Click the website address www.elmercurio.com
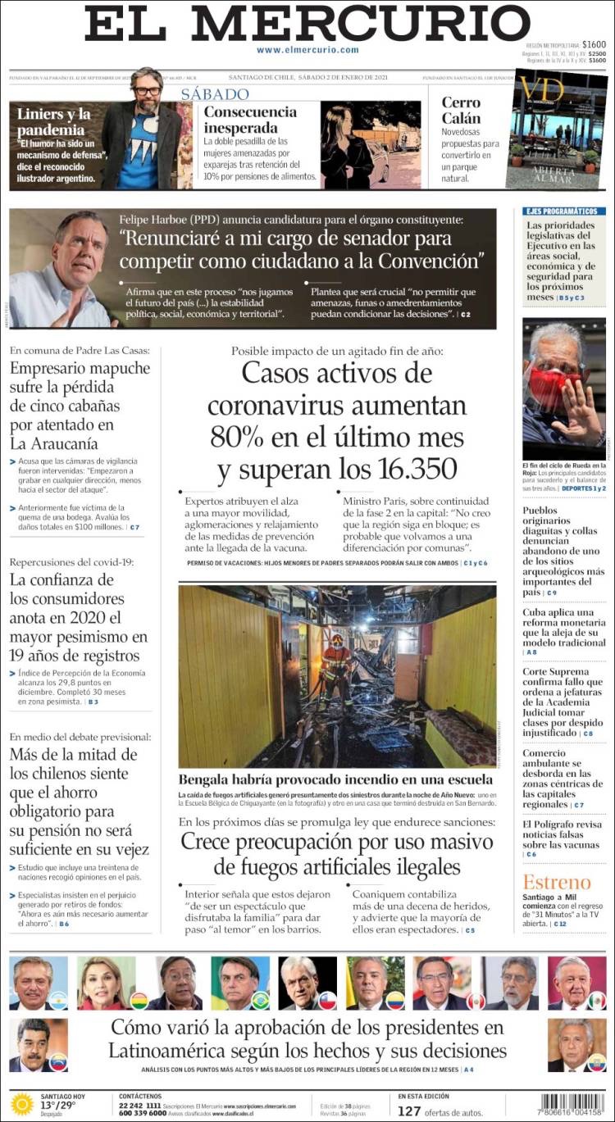pyautogui.click(x=307, y=50)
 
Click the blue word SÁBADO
pyautogui.click(x=215, y=93)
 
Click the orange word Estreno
pyautogui.click(x=556, y=882)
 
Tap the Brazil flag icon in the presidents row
pyautogui.click(x=261, y=1001)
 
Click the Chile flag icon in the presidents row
pyautogui.click(x=327, y=1001)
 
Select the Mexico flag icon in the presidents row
pyautogui.click(x=597, y=1001)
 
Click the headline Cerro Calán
pyautogui.click(x=461, y=111)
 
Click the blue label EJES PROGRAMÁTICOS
pyautogui.click(x=561, y=211)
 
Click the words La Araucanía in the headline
pyautogui.click(x=54, y=443)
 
